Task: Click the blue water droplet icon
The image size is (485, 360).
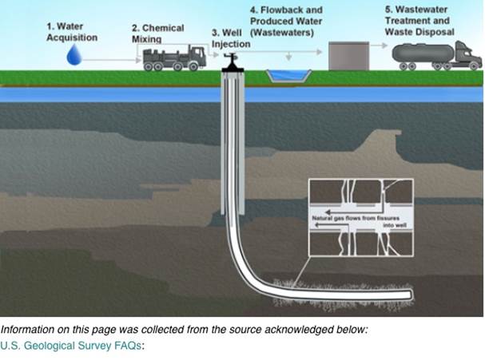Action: click(x=76, y=54)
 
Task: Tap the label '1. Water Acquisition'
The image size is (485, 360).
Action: click(x=73, y=31)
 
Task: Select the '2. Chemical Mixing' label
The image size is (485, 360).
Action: click(x=157, y=33)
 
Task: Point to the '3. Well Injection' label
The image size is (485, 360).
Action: click(x=231, y=38)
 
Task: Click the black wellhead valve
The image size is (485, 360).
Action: click(x=233, y=62)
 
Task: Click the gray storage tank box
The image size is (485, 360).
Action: click(x=347, y=56)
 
